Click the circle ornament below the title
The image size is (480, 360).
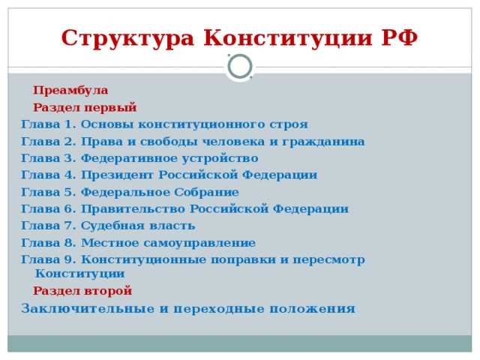click(x=240, y=67)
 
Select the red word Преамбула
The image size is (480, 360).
click(x=70, y=91)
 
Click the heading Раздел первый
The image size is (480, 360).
click(x=85, y=107)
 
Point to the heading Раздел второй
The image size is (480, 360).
click(x=82, y=290)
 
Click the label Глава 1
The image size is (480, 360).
click(x=48, y=124)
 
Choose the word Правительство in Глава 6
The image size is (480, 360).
click(x=133, y=208)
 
